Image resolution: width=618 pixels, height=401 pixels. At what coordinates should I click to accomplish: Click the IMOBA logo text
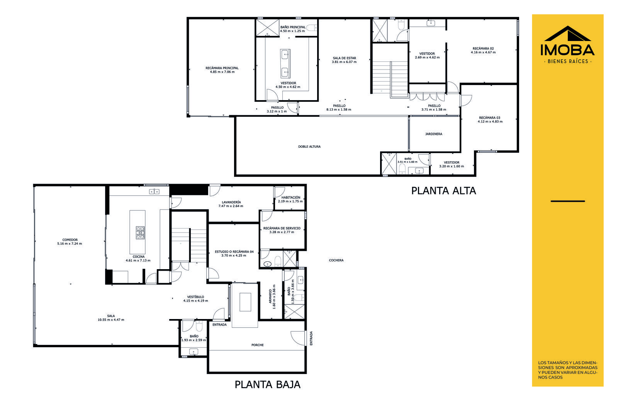pyautogui.click(x=567, y=50)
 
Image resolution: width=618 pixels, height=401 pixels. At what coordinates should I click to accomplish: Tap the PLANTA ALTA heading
pyautogui.click(x=444, y=191)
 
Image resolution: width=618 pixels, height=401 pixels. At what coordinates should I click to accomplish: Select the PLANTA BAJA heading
pyautogui.click(x=267, y=384)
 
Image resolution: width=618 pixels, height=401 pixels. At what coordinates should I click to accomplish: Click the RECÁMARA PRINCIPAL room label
pyautogui.click(x=222, y=68)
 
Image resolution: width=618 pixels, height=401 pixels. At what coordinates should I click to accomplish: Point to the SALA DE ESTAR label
pyautogui.click(x=344, y=58)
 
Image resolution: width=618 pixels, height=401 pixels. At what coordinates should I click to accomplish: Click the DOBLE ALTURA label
pyautogui.click(x=309, y=147)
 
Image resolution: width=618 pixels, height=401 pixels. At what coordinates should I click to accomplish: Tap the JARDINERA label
pyautogui.click(x=434, y=134)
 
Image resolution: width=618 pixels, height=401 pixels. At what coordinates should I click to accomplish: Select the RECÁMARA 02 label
pyautogui.click(x=483, y=48)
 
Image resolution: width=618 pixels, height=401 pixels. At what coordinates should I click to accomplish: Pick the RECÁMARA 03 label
pyautogui.click(x=490, y=118)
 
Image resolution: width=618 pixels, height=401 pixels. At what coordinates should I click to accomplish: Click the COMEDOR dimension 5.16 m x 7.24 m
pyautogui.click(x=70, y=244)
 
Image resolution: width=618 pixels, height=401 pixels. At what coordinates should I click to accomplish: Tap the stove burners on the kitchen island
pyautogui.click(x=140, y=232)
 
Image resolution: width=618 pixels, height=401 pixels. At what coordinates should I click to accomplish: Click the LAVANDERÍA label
pyautogui.click(x=231, y=202)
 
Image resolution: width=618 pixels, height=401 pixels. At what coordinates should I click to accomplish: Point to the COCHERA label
pyautogui.click(x=336, y=260)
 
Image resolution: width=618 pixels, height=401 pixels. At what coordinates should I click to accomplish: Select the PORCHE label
pyautogui.click(x=257, y=345)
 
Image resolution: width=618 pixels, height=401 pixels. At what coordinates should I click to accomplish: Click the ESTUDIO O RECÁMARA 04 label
pyautogui.click(x=234, y=252)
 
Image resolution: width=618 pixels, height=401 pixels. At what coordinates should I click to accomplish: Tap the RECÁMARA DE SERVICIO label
pyautogui.click(x=282, y=228)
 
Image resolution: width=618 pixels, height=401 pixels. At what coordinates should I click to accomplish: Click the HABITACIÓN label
pyautogui.click(x=291, y=198)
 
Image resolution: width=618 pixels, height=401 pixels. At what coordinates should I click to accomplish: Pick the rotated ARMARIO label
pyautogui.click(x=270, y=296)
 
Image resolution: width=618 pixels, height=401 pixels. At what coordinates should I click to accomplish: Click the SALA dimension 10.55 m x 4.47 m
pyautogui.click(x=111, y=320)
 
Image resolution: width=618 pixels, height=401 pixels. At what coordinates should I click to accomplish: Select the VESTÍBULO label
pyautogui.click(x=195, y=297)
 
